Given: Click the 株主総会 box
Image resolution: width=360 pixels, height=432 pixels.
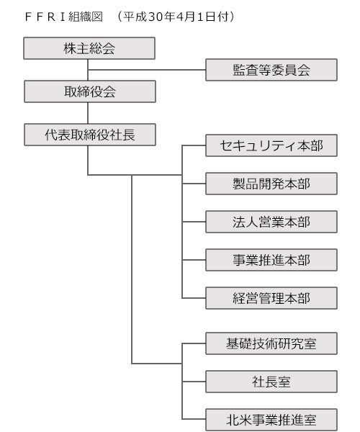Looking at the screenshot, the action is coord(89,48).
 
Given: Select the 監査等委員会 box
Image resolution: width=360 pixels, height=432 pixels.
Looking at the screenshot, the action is coord(271,70).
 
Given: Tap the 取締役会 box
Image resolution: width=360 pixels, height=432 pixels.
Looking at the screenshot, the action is coord(90,91).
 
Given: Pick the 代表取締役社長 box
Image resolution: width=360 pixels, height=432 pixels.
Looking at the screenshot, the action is coord(90,135).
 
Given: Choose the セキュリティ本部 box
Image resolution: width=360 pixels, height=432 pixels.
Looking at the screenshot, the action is coord(271,145).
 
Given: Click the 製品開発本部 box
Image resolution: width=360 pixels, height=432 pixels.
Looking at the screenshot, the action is coord(271,184).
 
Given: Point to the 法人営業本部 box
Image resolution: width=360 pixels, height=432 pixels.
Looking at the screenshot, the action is coord(271,222).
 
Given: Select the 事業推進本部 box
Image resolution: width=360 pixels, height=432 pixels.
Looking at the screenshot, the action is coord(271,260).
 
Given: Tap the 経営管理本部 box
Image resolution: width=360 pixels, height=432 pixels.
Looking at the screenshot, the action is coord(271,298).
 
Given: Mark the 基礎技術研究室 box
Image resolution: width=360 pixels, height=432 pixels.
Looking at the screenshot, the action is coord(271,343).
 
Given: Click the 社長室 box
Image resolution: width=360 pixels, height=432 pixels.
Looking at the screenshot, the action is coord(271,382).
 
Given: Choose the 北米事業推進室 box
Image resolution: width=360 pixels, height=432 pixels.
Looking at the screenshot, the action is coord(271,420).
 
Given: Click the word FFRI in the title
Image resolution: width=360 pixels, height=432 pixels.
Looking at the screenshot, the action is coord(45,17).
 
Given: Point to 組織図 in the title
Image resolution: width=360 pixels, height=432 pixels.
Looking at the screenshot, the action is coord(86,17).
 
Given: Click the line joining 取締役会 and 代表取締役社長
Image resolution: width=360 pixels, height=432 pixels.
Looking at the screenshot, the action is coord(88,113).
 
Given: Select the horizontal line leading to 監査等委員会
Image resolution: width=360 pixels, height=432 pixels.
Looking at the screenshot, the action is coord(147,70).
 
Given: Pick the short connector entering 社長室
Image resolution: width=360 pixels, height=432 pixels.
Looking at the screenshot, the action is coord(194,382).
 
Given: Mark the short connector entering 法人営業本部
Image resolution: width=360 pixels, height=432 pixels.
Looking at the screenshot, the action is coord(194,222).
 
